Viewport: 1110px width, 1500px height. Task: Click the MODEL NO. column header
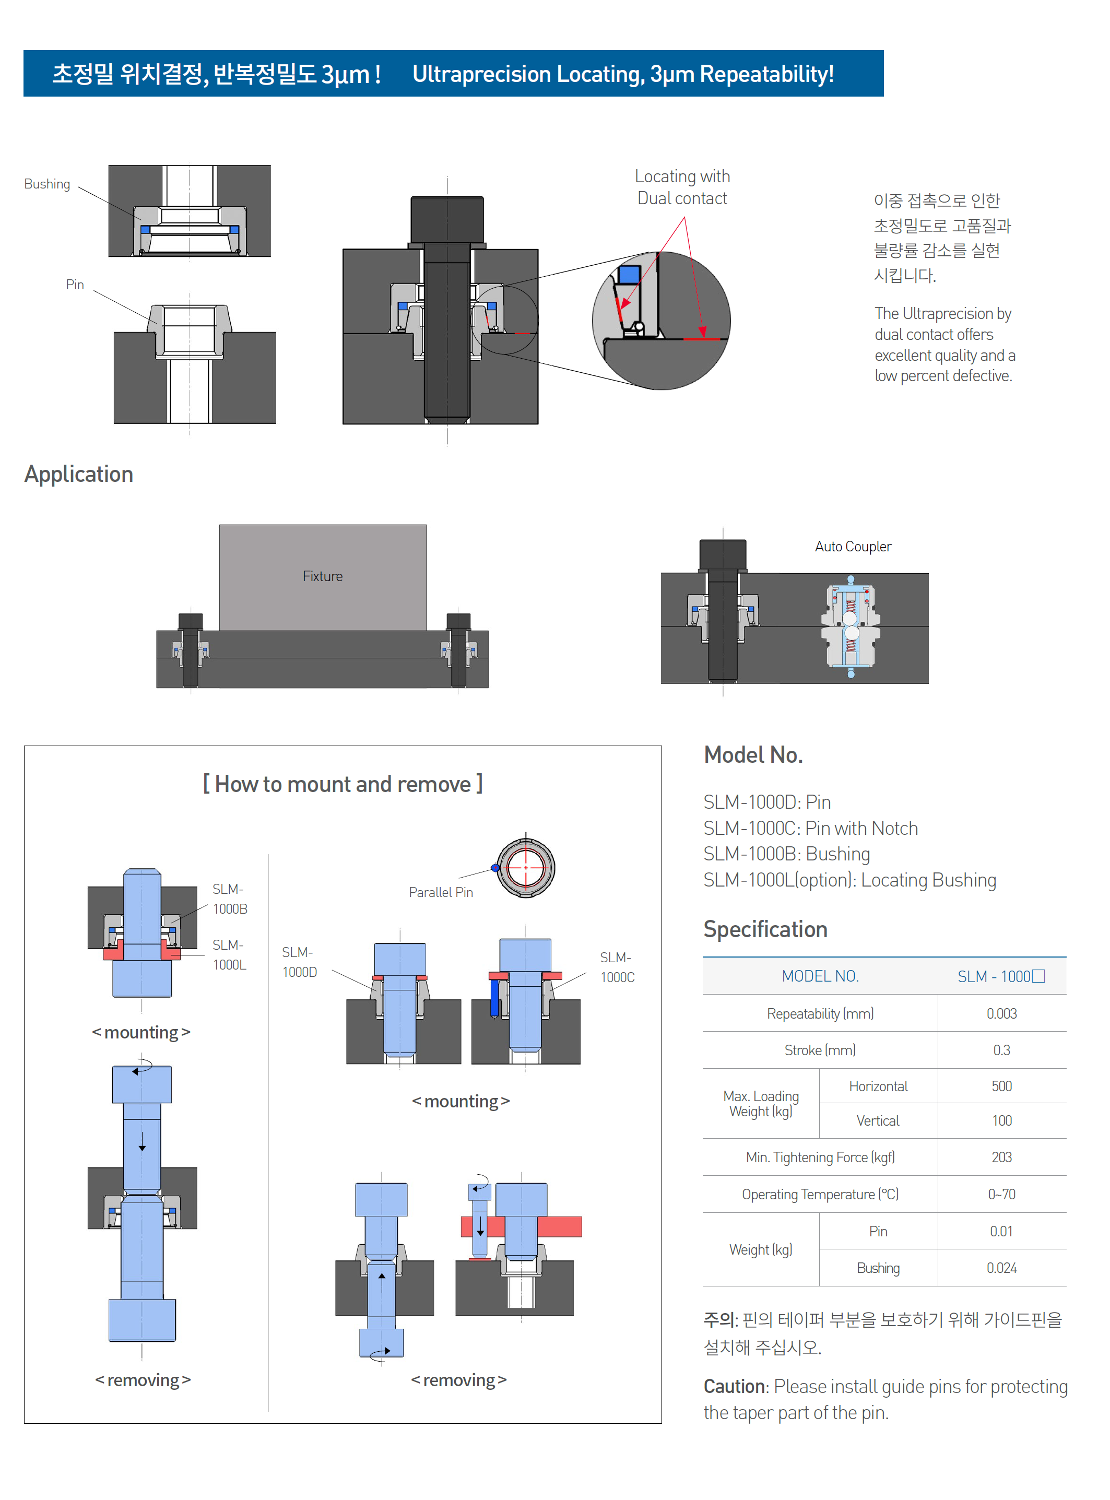pyautogui.click(x=820, y=976)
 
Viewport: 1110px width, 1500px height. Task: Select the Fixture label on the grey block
pyautogui.click(x=323, y=576)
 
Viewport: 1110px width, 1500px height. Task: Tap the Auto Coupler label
pyautogui.click(x=853, y=547)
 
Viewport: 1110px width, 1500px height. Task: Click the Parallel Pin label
pyautogui.click(x=441, y=892)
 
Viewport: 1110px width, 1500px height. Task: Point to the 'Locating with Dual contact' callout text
pyautogui.click(x=682, y=187)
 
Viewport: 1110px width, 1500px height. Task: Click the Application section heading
pyautogui.click(x=79, y=474)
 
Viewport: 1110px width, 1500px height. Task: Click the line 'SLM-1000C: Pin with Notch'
pyautogui.click(x=810, y=828)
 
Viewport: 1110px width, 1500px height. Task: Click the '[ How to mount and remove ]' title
pyautogui.click(x=343, y=784)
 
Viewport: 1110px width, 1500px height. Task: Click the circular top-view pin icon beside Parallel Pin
pyautogui.click(x=525, y=868)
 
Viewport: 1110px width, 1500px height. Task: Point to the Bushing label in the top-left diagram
pyautogui.click(x=47, y=184)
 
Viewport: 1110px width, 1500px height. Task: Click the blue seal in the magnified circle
pyautogui.click(x=629, y=274)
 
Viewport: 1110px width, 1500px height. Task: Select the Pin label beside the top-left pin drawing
pyautogui.click(x=75, y=285)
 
